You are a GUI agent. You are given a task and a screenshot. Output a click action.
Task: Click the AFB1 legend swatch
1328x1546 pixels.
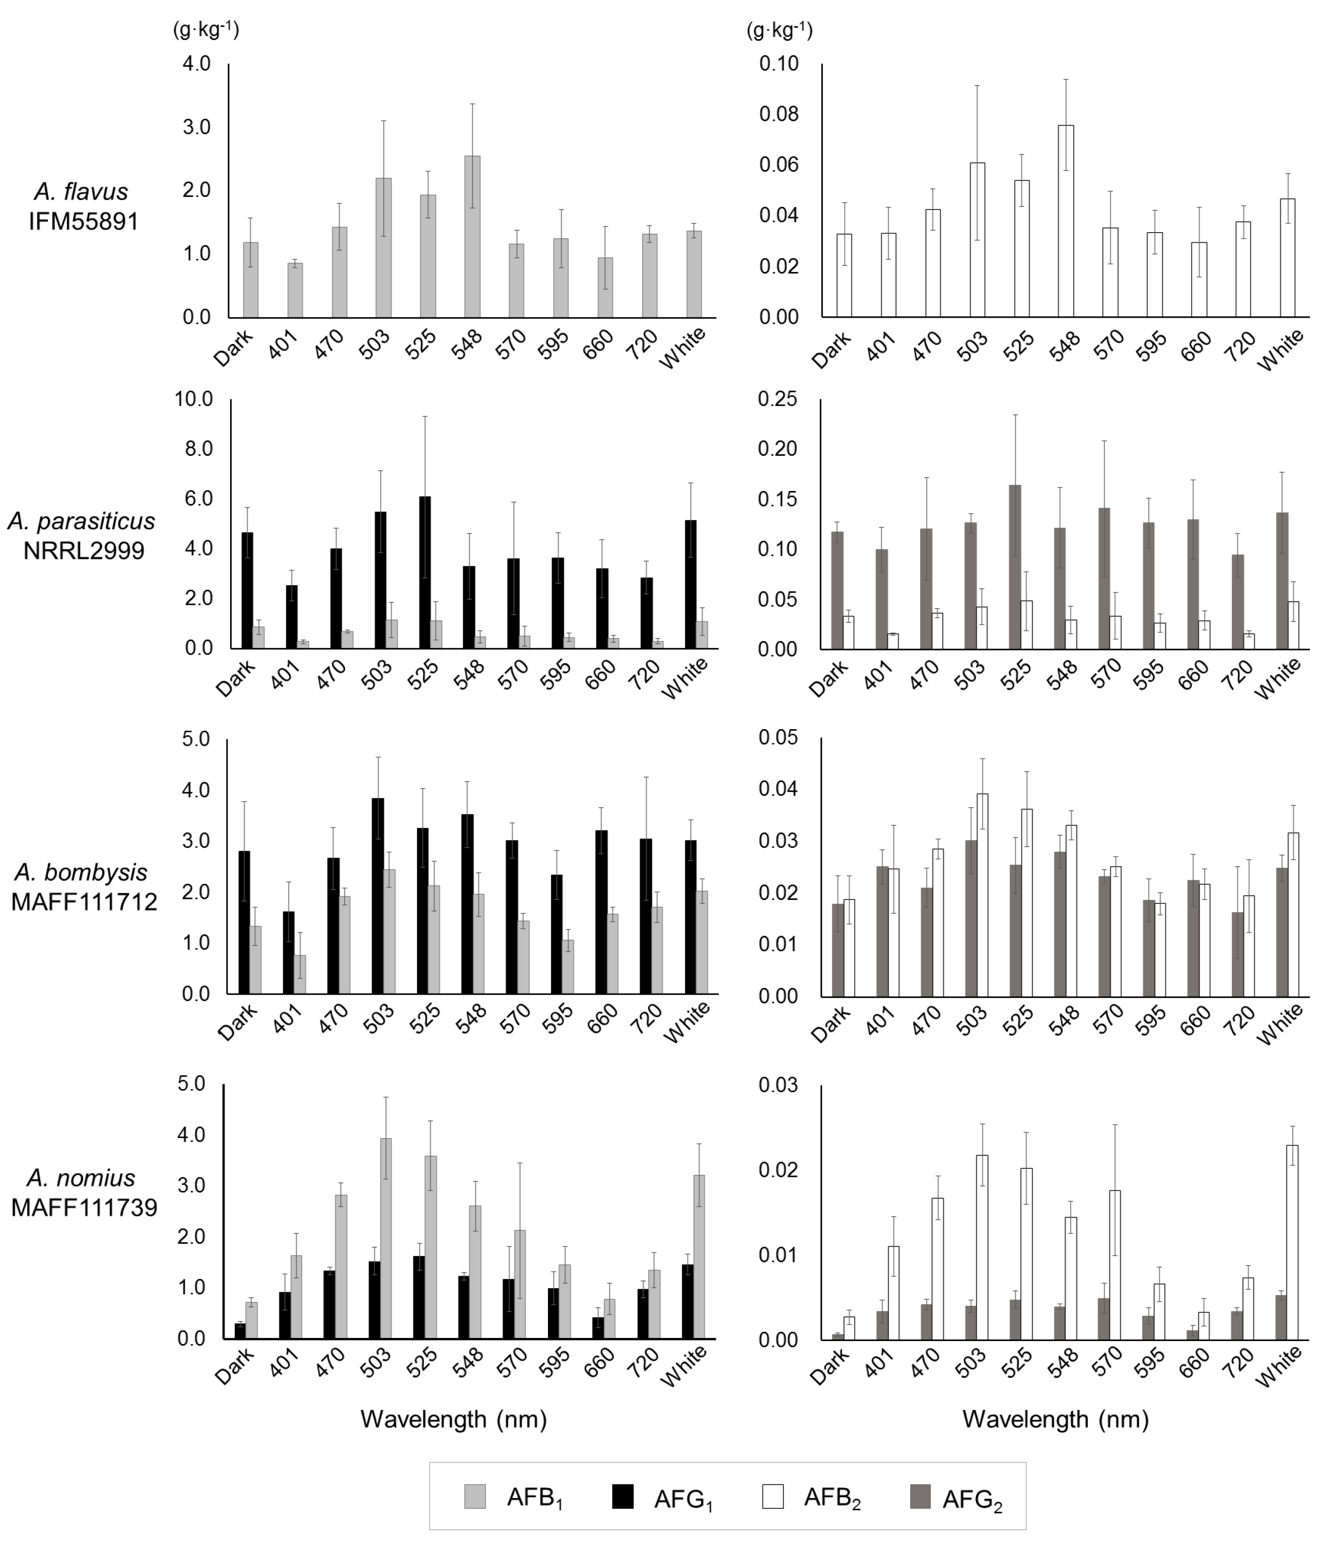474,1497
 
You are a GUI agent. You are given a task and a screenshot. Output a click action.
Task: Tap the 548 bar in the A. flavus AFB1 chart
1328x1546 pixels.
471,237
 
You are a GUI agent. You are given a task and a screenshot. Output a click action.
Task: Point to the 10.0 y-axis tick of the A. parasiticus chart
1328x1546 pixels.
193,399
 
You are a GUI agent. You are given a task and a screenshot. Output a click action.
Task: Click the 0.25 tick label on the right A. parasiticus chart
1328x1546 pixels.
778,399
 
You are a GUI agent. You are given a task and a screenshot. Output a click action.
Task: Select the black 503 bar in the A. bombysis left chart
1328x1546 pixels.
378,895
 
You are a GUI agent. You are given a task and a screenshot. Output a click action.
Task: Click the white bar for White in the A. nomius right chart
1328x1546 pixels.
1292,1241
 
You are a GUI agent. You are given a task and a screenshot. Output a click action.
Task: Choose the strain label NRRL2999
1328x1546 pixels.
84,550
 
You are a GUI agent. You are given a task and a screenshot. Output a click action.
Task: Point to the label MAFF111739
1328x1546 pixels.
84,1207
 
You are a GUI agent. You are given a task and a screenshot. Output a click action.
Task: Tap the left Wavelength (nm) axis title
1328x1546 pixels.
454,1419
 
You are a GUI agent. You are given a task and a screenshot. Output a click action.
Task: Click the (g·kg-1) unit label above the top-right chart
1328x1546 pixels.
779,31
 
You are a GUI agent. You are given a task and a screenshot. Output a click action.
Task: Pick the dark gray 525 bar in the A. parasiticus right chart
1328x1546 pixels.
1015,567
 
